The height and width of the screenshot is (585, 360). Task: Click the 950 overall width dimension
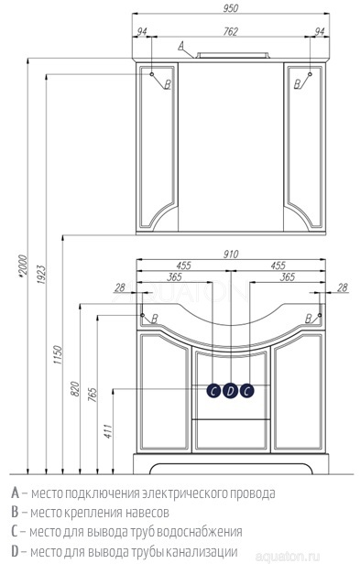[x=231, y=8]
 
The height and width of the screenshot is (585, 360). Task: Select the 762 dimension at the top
[x=231, y=32]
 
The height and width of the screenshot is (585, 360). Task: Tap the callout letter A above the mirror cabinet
[x=180, y=46]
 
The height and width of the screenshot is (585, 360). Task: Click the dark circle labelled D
[x=230, y=391]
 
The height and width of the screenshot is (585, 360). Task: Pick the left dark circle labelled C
[x=213, y=391]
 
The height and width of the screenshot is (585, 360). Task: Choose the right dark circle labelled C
[x=246, y=391]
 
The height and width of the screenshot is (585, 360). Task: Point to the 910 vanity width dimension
[x=231, y=255]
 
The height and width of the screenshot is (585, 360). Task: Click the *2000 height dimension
[x=22, y=266]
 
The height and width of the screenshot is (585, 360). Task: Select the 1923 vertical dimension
[x=40, y=275]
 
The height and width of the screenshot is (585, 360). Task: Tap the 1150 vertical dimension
[x=57, y=355]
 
